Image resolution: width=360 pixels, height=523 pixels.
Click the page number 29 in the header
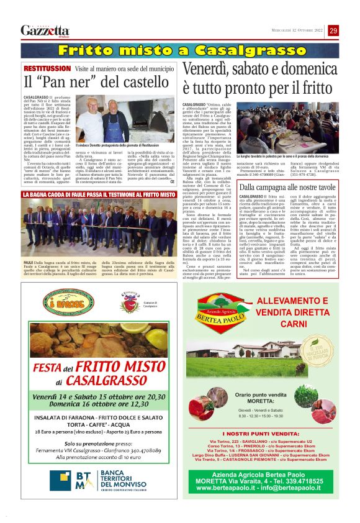click(x=333, y=30)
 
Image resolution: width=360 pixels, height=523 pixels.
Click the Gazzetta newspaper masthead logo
click(x=45, y=30)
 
